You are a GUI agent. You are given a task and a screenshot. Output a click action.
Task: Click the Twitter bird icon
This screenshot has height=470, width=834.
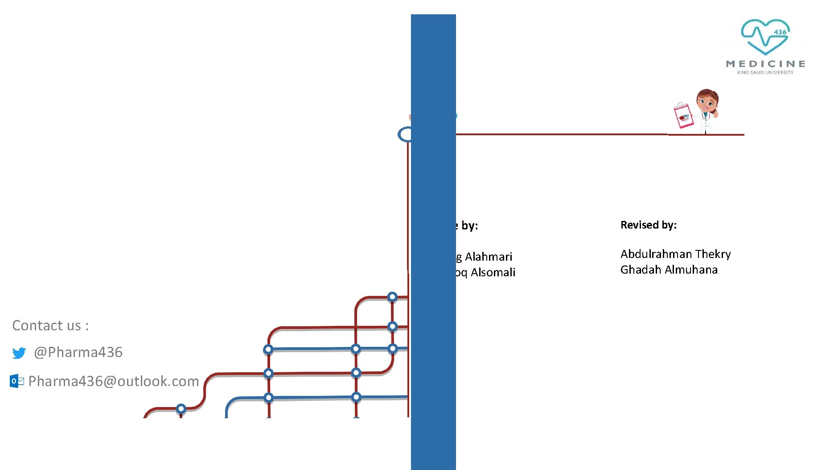click(x=19, y=353)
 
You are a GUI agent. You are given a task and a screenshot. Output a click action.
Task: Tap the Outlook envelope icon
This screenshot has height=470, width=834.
click(x=17, y=381)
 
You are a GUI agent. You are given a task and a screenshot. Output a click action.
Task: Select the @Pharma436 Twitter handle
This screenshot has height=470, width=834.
click(x=78, y=352)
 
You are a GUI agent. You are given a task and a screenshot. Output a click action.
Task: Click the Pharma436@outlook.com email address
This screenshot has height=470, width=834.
click(x=114, y=381)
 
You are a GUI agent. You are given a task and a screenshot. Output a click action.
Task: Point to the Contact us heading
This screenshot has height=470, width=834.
click(x=50, y=325)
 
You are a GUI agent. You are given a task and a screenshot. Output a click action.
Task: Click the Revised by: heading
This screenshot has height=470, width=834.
click(x=649, y=225)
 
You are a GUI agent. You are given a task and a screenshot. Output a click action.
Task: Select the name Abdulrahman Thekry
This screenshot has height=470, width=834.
click(x=675, y=254)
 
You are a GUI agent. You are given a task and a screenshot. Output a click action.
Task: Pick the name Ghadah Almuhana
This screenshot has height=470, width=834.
click(x=669, y=270)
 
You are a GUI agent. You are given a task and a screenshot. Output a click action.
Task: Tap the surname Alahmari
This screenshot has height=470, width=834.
click(x=489, y=257)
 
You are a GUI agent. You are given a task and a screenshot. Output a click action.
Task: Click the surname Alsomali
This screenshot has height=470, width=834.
click(x=493, y=272)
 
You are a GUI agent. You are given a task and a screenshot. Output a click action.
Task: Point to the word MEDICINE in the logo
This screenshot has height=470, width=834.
click(x=765, y=64)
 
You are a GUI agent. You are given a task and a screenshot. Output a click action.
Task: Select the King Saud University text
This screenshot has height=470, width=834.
click(x=765, y=72)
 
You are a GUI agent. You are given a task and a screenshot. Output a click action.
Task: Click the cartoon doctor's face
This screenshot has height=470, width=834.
click(x=707, y=101)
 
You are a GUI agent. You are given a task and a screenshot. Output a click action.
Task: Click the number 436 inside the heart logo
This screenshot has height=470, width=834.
click(x=780, y=32)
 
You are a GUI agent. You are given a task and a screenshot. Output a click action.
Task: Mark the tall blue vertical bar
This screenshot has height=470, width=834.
click(x=433, y=241)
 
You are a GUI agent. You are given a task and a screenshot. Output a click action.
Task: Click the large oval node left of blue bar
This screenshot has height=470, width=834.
click(x=405, y=134)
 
